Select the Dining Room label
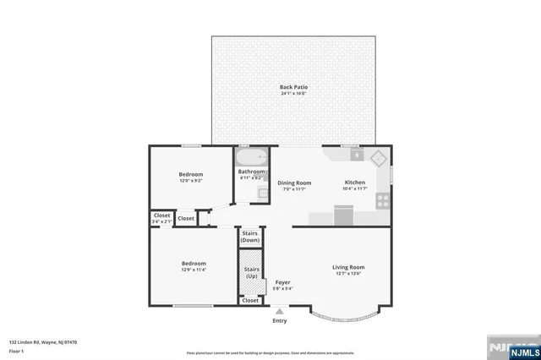click(x=294, y=183)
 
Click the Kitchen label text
click(x=354, y=183)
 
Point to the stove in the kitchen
click(x=383, y=201)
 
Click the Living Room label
click(x=349, y=267)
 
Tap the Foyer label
click(x=282, y=282)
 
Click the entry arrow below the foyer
click(x=280, y=311)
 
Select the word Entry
click(x=280, y=321)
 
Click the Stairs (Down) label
click(x=250, y=237)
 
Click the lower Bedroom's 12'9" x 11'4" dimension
click(x=194, y=270)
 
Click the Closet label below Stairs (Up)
click(x=250, y=300)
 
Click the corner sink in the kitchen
click(x=377, y=157)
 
